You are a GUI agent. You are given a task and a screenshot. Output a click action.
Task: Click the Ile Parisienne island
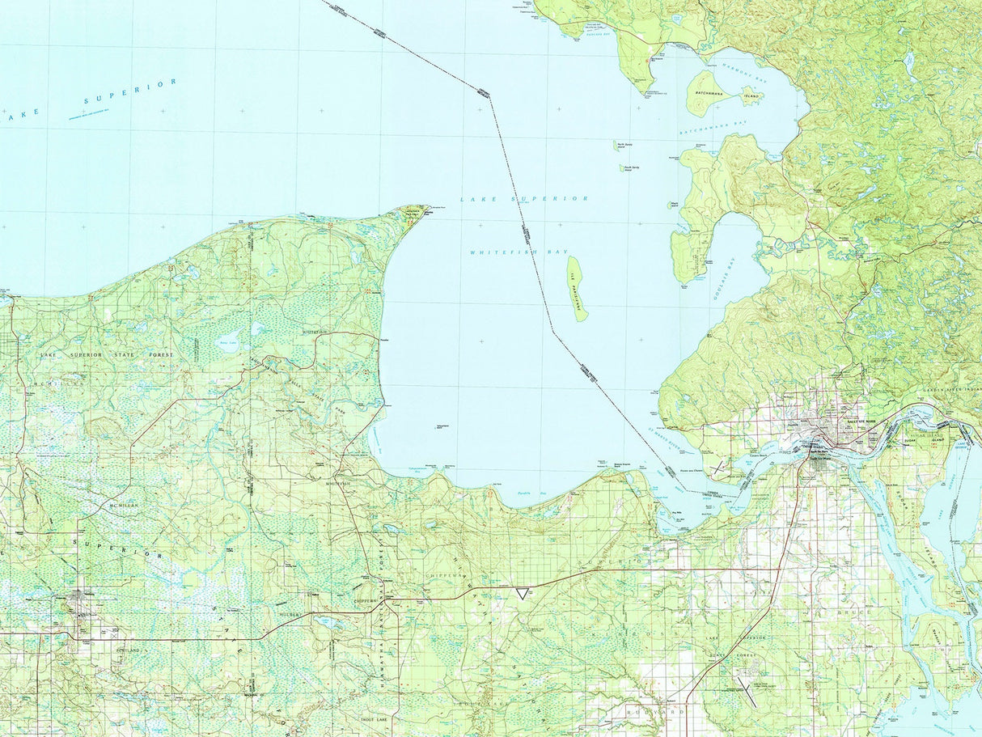[577, 288]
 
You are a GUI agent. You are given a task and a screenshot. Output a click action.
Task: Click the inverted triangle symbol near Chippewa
[523, 594]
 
